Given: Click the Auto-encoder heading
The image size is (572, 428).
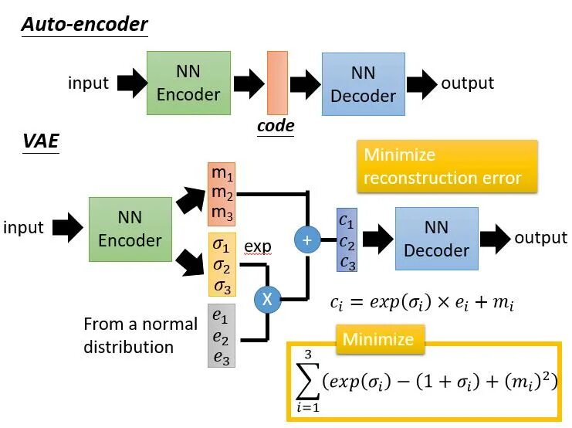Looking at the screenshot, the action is coord(85,24).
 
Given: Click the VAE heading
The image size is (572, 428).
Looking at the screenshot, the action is coord(41,141).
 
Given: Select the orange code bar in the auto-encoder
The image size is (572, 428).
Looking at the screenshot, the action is coord(277,83).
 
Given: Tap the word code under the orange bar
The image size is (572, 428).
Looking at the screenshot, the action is coord(276,126).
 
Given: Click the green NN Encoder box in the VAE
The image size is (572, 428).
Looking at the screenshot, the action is coord(130,229).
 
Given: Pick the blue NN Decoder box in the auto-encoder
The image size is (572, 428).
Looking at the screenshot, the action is coord(364,84).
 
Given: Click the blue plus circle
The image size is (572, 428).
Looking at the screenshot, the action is coord(307,240).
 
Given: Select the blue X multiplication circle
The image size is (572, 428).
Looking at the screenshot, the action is coord(267,300).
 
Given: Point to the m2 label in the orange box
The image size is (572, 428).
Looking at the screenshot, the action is coord(222,192).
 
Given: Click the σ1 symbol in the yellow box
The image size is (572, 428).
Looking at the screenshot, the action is coord(221,245).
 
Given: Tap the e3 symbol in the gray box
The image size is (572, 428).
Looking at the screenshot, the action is coord(221,357).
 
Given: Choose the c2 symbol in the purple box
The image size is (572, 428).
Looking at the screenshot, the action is coord(347,243).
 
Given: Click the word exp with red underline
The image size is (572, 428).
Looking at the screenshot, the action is coord(258,246).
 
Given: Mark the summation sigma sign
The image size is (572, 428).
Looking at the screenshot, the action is coord(308,382).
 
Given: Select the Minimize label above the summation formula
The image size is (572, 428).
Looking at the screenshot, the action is coord(378,339).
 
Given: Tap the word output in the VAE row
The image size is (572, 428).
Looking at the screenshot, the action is coord(540,238).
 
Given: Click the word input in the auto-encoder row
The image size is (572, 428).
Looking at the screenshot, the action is coord(88,83).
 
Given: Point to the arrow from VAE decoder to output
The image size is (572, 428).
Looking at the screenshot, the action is coord(495,239).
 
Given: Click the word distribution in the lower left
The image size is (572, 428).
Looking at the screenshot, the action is coord(128,347).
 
